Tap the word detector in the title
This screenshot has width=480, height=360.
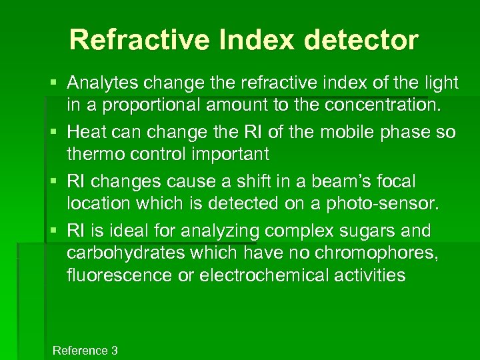tap(361, 40)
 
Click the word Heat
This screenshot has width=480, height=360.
tap(87, 132)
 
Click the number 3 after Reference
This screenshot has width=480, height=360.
tap(115, 351)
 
